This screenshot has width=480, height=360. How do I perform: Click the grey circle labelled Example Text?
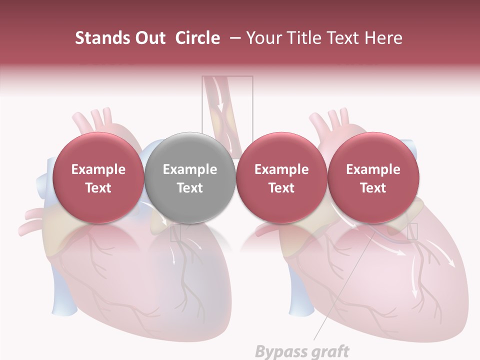(190, 178)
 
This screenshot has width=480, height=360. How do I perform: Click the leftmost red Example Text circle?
(98, 178)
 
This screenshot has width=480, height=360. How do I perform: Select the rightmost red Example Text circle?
(373, 178)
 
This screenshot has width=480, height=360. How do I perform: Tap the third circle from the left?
(281, 178)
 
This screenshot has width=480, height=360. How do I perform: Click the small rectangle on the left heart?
(175, 233)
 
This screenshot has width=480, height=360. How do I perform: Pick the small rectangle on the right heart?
(412, 231)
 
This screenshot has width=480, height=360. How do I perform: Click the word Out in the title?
(150, 38)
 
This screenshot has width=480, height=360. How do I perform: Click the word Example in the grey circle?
(190, 169)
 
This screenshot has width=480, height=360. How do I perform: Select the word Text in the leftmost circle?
(98, 188)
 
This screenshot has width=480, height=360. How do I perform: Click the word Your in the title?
(263, 38)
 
